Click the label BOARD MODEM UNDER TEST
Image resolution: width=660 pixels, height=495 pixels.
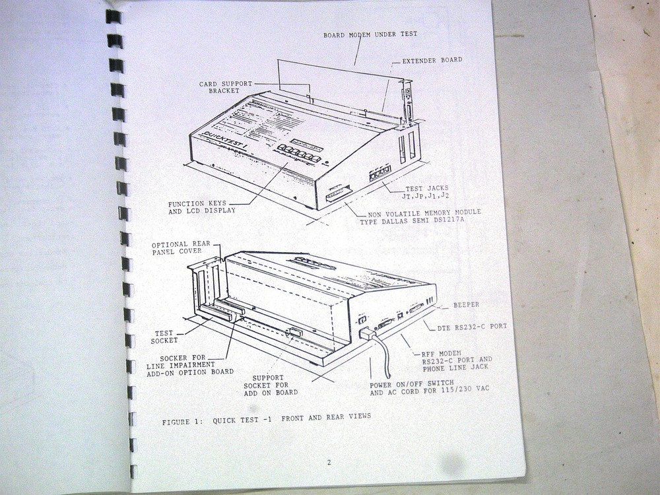pyautogui.click(x=370, y=34)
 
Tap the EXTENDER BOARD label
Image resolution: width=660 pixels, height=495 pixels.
pyautogui.click(x=432, y=60)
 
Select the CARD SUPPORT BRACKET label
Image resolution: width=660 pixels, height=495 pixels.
pyautogui.click(x=226, y=87)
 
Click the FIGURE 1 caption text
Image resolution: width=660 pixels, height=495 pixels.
pyautogui.click(x=266, y=417)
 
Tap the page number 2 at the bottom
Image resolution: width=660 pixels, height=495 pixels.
pyautogui.click(x=329, y=462)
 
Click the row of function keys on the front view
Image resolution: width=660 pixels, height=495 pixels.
pyautogui.click(x=299, y=154)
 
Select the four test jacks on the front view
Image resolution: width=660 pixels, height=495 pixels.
pyautogui.click(x=379, y=173)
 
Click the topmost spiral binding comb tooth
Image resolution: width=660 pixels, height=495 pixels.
pyautogui.click(x=114, y=16)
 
